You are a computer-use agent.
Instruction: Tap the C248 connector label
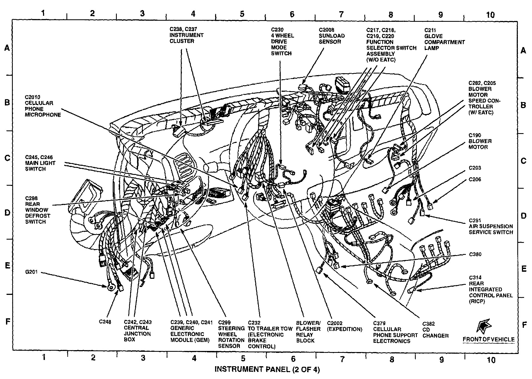tap(105, 322)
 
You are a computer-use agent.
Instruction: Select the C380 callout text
tap(475, 255)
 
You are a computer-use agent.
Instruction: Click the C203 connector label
tap(475, 168)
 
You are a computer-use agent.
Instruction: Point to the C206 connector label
tap(475, 179)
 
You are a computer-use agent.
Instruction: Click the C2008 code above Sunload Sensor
tap(326, 30)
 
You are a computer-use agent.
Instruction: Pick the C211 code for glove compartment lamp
tap(430, 30)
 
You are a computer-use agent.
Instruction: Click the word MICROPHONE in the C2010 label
tap(43, 115)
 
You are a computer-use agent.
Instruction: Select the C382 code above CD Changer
tap(429, 324)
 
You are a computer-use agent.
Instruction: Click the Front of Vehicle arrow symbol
tap(484, 326)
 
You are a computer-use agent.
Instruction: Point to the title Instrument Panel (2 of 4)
tap(267, 369)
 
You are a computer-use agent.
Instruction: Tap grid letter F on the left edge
tap(8, 322)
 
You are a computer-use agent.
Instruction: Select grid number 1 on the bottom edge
tap(43, 357)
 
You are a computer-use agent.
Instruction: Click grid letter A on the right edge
tap(523, 51)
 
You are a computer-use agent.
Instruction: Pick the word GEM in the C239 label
tap(203, 340)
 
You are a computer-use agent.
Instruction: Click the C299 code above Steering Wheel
tap(225, 323)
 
